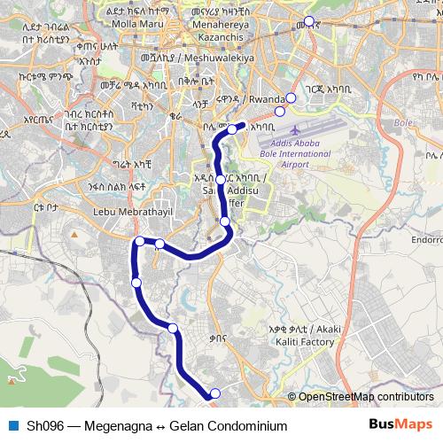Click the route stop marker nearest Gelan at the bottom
(214, 392)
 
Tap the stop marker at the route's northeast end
(233, 129)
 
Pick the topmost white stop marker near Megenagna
(308, 21)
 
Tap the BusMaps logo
(400, 425)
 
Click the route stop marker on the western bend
(139, 241)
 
